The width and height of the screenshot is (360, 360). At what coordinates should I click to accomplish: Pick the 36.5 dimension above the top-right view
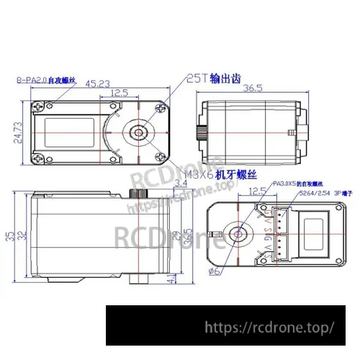pos(251,89)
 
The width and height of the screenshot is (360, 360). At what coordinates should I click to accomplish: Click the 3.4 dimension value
pos(181,184)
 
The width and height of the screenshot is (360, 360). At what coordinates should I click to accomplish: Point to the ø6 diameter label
pos(214,271)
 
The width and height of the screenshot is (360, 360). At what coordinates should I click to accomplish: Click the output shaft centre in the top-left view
pos(136,132)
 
